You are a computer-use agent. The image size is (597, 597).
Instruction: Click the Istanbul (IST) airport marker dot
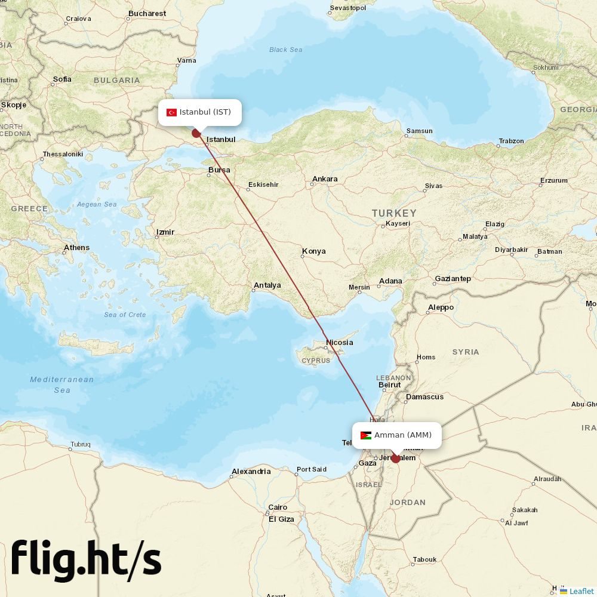point(196,133)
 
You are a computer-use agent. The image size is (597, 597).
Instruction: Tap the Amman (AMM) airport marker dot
point(395,458)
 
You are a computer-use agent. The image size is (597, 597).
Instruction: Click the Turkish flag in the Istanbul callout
point(171,112)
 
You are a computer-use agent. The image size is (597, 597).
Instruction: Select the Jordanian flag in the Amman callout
point(366,435)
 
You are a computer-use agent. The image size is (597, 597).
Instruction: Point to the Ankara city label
point(325,179)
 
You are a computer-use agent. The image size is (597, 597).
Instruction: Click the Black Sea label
point(286,50)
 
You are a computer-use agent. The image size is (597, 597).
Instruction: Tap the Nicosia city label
point(339,343)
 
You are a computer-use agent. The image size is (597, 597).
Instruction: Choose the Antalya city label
point(267,285)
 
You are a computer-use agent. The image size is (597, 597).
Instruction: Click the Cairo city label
point(278,507)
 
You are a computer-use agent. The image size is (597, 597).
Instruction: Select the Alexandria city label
point(251,472)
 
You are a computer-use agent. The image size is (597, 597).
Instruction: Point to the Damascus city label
point(424,397)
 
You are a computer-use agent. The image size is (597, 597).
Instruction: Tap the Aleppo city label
point(441,307)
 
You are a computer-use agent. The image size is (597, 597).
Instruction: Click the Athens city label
point(76,248)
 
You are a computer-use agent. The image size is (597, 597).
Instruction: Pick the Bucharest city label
point(147,13)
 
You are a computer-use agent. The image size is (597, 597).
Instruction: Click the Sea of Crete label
point(125,315)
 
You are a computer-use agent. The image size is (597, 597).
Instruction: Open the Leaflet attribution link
point(581,591)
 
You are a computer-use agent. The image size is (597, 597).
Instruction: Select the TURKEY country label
point(394,213)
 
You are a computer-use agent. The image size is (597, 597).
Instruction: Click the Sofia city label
point(62,79)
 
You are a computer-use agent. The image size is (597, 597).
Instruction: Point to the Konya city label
point(313,251)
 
